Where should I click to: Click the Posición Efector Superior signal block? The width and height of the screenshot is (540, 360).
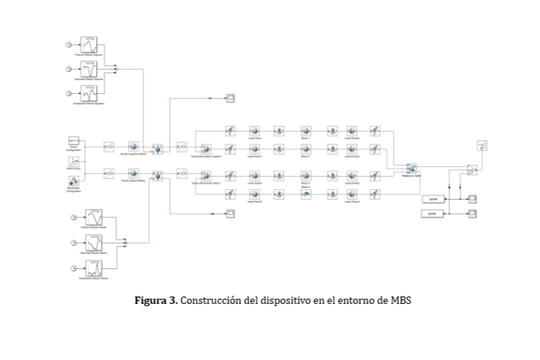(x=89, y=45)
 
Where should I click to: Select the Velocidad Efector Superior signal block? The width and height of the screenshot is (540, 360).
(x=89, y=69)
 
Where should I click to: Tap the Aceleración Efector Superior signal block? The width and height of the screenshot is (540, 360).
(x=89, y=93)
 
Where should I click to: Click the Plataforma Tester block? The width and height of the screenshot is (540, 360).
(x=411, y=169)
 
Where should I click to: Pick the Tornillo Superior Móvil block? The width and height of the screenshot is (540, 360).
(x=134, y=147)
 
